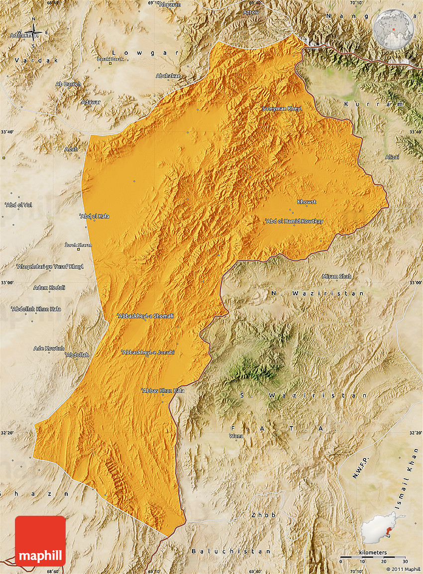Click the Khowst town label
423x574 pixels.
[307, 202]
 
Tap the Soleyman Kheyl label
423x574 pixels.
[282, 108]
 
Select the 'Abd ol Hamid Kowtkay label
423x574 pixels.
[294, 221]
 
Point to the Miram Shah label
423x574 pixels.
[337, 276]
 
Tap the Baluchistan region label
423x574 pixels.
[231, 551]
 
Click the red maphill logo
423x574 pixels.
[40, 541]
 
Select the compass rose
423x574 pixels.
[34, 33]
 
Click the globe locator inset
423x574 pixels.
[393, 30]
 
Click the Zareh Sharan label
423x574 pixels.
[78, 245]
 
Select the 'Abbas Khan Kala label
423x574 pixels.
[163, 390]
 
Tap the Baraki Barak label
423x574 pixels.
[110, 59]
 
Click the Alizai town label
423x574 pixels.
[392, 157]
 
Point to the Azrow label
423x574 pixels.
[251, 12]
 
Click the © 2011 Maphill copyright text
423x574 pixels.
[403, 569]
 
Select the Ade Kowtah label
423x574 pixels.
[49, 348]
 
